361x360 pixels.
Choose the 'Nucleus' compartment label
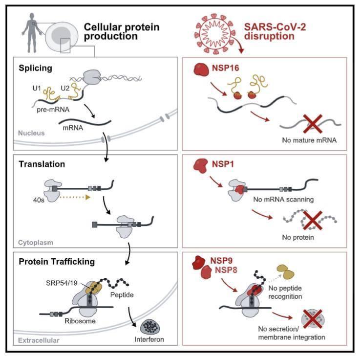point(31,132)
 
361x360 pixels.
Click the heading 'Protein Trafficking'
point(57,261)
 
